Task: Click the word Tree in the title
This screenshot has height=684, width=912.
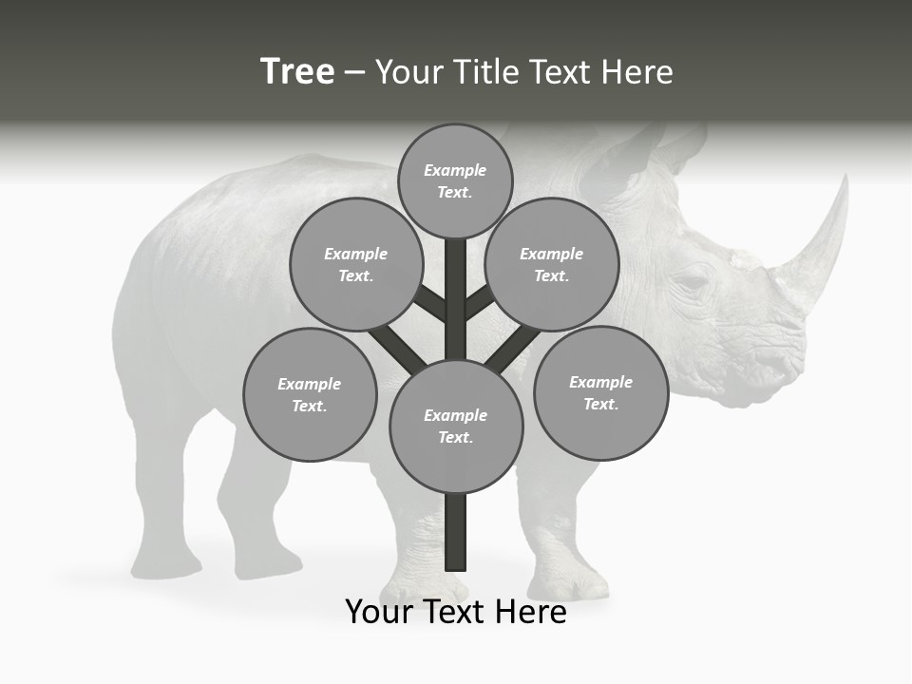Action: click(297, 72)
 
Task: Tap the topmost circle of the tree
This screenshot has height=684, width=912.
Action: click(455, 180)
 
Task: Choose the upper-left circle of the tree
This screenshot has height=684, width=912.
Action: click(356, 264)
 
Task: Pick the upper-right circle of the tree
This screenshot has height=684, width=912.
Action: click(552, 264)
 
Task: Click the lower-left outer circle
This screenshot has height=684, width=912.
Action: click(310, 394)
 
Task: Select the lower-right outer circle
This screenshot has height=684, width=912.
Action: click(600, 392)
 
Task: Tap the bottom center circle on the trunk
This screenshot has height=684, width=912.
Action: click(456, 426)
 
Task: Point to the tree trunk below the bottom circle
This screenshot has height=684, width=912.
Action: click(456, 532)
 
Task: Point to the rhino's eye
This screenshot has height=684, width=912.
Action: click(692, 282)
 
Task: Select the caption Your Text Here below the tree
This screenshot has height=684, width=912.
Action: click(456, 612)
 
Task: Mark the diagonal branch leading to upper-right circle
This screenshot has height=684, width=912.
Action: click(481, 302)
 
